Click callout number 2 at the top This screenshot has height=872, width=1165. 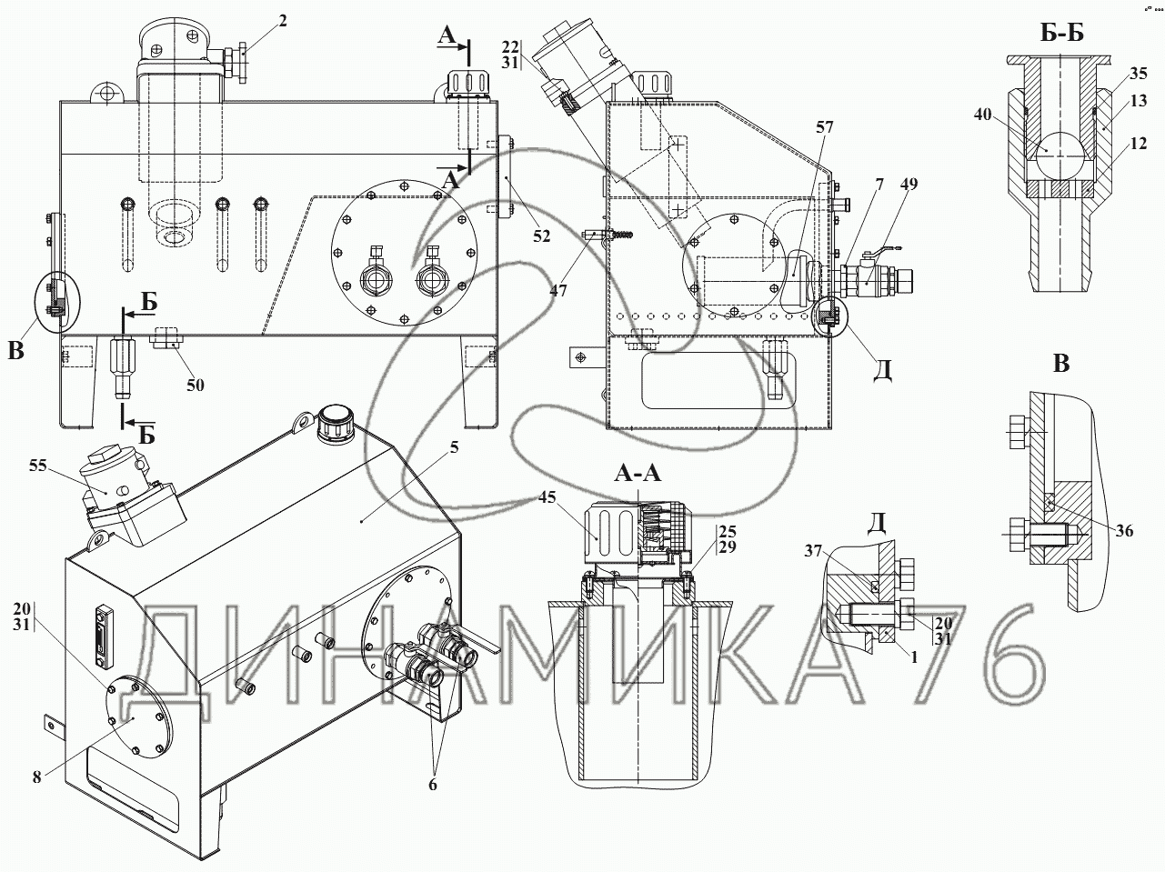click(x=283, y=21)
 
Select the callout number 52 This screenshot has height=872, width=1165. click(x=542, y=236)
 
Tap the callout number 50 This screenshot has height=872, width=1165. click(x=196, y=385)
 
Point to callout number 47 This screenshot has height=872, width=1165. click(x=558, y=291)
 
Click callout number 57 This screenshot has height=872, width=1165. click(x=825, y=126)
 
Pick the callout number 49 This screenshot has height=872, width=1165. click(x=909, y=184)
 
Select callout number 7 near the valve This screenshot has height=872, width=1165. click(x=880, y=184)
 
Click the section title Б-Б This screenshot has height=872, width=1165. click(x=1061, y=33)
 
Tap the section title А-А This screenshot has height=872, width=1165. click(x=638, y=473)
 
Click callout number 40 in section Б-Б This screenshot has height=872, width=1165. click(x=983, y=114)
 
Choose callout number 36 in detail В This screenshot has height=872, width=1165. click(x=1124, y=530)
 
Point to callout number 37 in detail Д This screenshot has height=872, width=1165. click(x=813, y=551)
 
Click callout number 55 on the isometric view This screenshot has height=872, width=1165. click(x=38, y=466)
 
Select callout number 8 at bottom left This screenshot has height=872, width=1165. click(x=36, y=777)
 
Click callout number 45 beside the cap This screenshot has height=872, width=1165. click(x=547, y=497)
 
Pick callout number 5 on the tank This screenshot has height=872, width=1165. click(x=454, y=447)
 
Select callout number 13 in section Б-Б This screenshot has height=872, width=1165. click(x=1139, y=100)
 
